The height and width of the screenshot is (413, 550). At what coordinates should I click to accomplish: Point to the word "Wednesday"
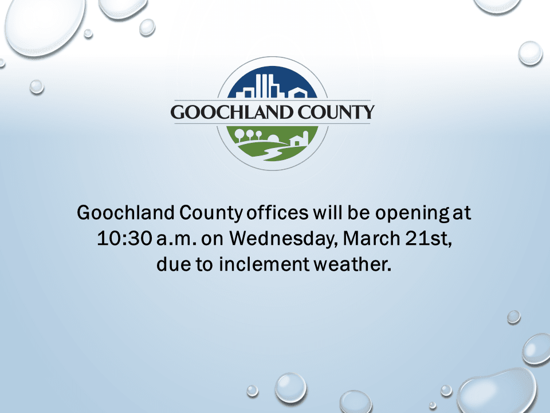coord(279,239)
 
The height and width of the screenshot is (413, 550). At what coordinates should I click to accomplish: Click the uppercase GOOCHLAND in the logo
coord(231,112)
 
